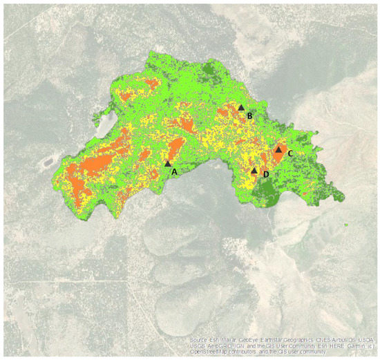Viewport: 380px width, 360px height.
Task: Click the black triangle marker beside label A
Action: coord(168,163)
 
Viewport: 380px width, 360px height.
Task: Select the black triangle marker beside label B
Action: coord(241,107)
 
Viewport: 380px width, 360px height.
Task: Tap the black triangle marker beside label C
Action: coord(278,149)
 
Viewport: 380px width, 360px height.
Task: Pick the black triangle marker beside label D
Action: coord(254,170)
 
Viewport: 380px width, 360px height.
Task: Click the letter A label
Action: coord(174,170)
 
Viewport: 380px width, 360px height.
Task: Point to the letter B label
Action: coord(249,115)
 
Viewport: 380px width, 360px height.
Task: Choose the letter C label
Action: coord(291,153)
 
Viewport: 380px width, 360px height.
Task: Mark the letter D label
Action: coord(266,175)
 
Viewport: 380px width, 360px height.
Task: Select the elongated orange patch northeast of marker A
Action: coord(175,147)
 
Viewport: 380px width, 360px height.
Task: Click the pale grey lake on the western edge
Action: coord(106,124)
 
